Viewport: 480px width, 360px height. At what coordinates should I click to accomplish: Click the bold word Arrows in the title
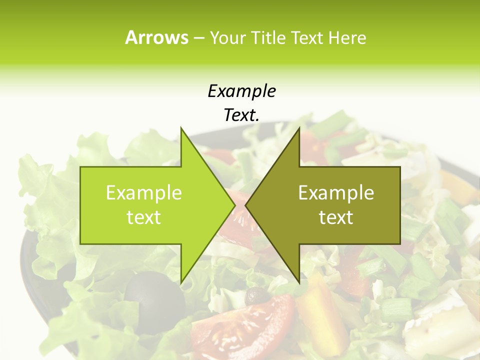[x=156, y=37]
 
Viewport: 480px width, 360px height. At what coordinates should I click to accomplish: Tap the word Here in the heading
[x=347, y=37]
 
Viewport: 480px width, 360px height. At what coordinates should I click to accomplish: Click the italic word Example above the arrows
[x=241, y=91]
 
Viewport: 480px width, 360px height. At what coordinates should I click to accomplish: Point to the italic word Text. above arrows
[x=241, y=115]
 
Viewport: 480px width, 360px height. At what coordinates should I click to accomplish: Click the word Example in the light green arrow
[x=144, y=193]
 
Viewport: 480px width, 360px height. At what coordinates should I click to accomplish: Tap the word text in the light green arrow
[x=144, y=217]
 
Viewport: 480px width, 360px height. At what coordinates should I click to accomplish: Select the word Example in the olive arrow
[x=336, y=193]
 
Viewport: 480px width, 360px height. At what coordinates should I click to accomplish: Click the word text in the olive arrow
[x=336, y=217]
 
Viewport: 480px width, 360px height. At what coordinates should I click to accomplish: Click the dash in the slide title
[x=198, y=37]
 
